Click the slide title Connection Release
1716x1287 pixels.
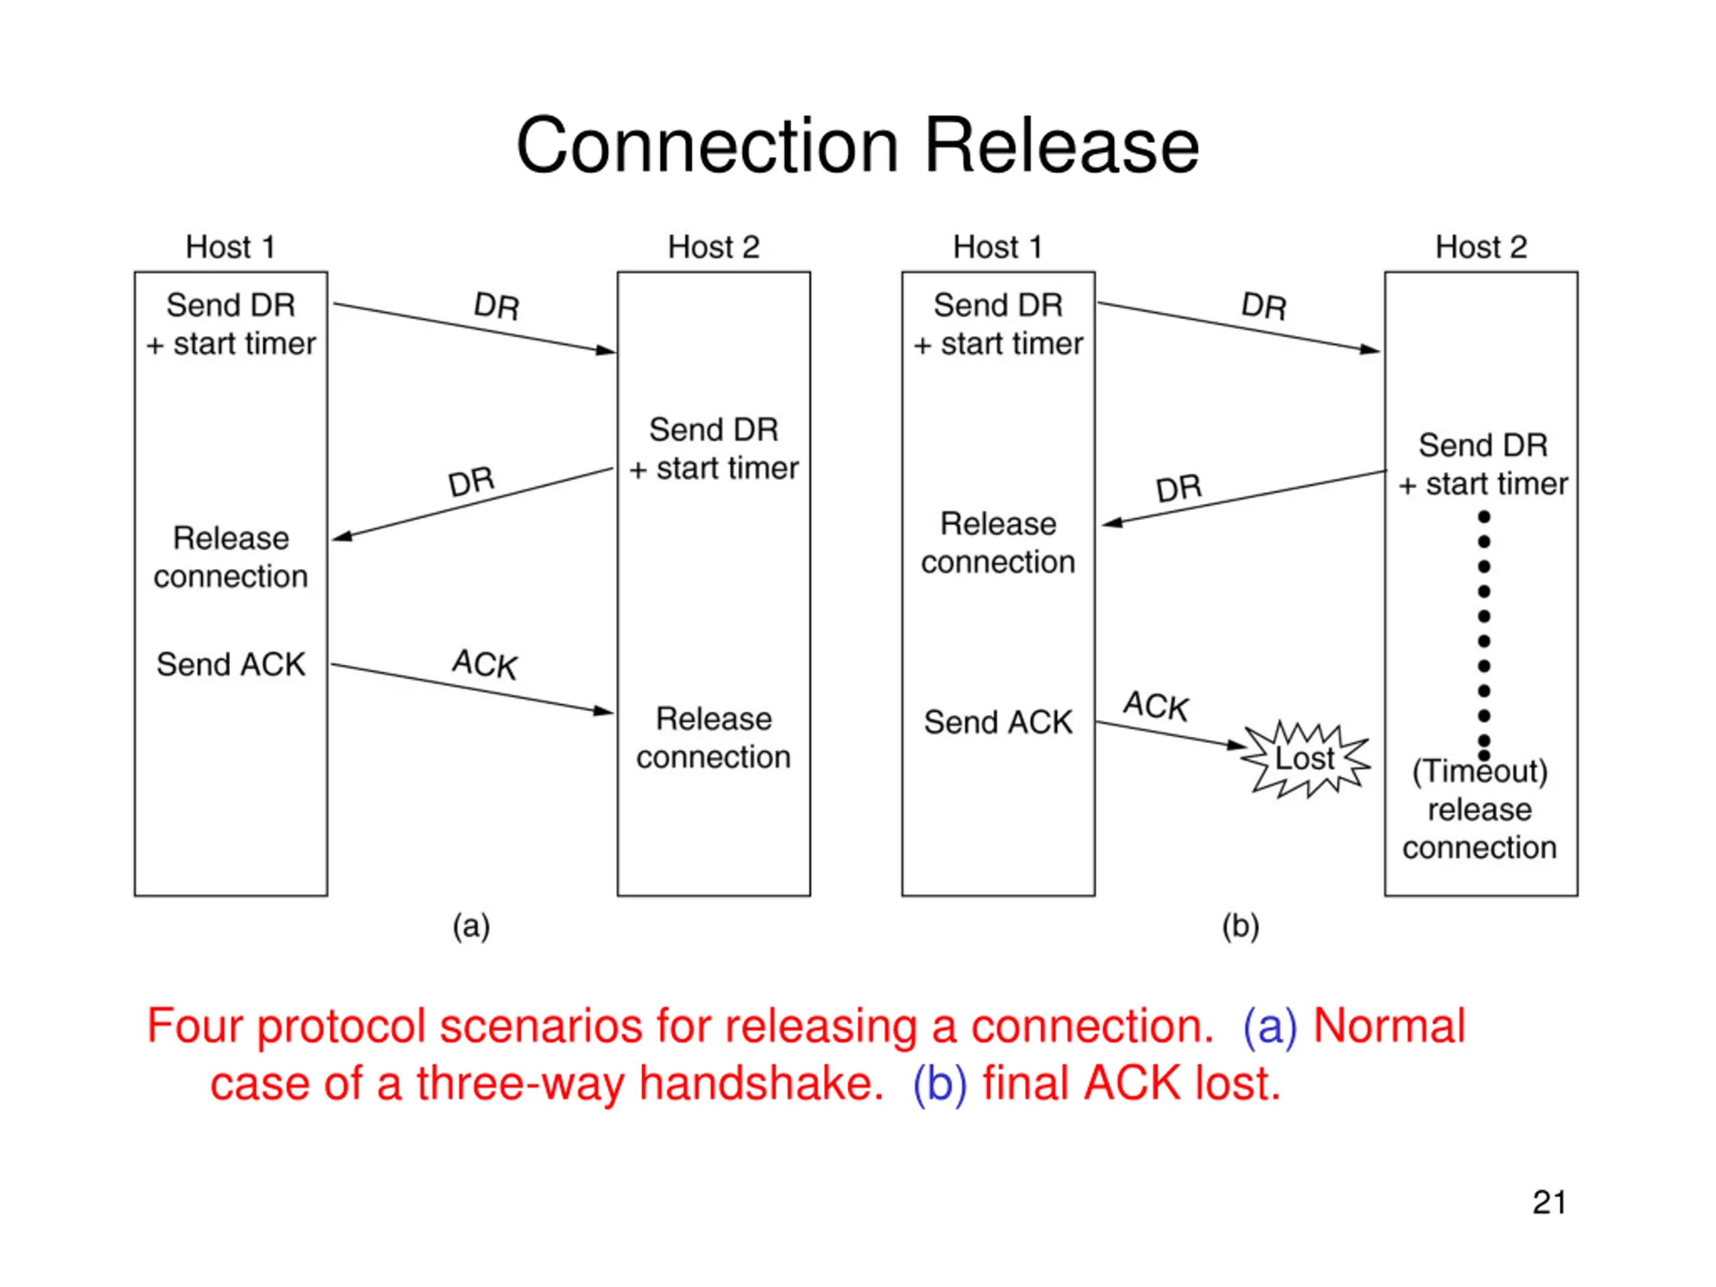(x=857, y=146)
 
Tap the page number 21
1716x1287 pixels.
(x=1548, y=1203)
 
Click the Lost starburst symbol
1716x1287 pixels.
(x=1305, y=759)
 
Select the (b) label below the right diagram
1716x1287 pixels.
(x=1239, y=926)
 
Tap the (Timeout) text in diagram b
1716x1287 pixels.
(x=1479, y=771)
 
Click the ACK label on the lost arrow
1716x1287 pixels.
(x=1156, y=706)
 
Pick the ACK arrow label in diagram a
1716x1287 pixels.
(x=485, y=664)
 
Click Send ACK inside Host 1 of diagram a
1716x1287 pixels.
(x=231, y=665)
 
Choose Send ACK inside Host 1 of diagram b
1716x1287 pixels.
(x=997, y=722)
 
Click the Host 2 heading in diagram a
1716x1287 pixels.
(x=713, y=247)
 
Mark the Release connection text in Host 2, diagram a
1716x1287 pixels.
(x=713, y=738)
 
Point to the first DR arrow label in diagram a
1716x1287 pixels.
(x=497, y=306)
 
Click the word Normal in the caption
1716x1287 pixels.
(x=1389, y=1026)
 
